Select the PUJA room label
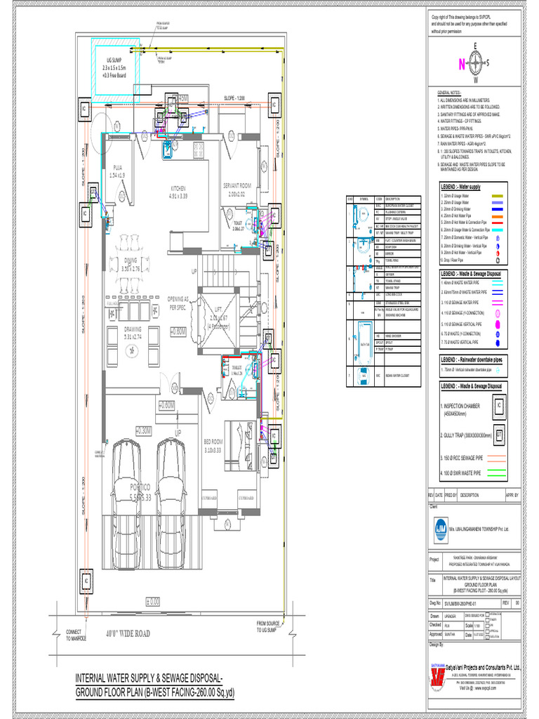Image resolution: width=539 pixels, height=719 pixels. pos(117,167)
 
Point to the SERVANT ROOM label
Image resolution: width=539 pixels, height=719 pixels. pos(241,185)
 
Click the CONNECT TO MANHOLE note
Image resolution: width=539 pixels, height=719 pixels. pos(75,635)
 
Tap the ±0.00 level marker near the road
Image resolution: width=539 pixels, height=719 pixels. pos(152,602)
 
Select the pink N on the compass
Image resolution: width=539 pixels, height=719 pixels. pos(461,64)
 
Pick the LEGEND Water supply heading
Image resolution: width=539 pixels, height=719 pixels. pos(460,187)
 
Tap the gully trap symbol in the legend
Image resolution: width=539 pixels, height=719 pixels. pos(499,435)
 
